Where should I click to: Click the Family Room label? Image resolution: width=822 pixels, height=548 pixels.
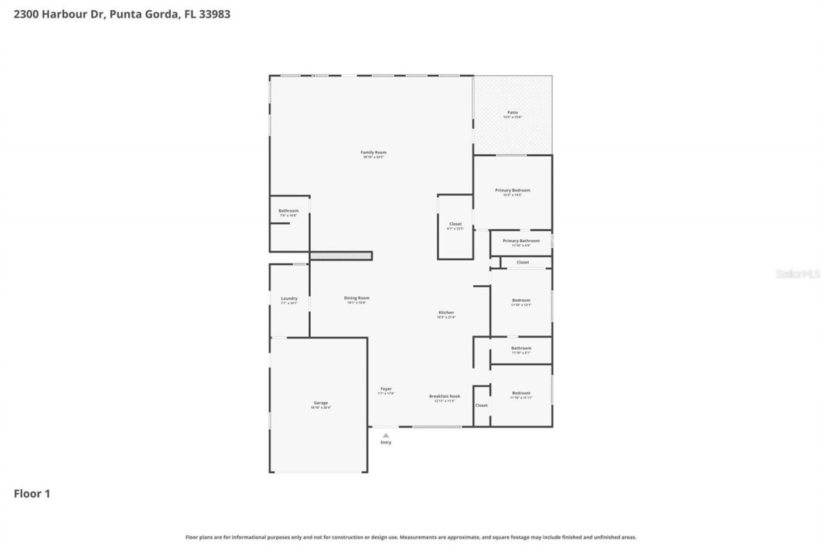pyautogui.click(x=373, y=152)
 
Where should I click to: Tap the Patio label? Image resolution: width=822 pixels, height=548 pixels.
pyautogui.click(x=512, y=112)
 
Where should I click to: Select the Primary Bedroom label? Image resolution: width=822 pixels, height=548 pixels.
pyautogui.click(x=512, y=190)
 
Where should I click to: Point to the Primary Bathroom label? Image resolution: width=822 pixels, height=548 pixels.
pyautogui.click(x=521, y=241)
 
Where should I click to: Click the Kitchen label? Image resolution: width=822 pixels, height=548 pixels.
pyautogui.click(x=446, y=313)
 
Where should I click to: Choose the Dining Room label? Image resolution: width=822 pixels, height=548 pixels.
pyautogui.click(x=356, y=298)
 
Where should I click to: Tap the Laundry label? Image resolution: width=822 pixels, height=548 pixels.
pyautogui.click(x=289, y=299)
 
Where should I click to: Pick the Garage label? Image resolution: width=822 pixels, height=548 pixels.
pyautogui.click(x=320, y=403)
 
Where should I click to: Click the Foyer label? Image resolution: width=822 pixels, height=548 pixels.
pyautogui.click(x=386, y=389)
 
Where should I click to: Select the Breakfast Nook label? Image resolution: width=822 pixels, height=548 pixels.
pyautogui.click(x=444, y=396)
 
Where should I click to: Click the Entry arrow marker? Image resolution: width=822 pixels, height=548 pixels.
pyautogui.click(x=386, y=436)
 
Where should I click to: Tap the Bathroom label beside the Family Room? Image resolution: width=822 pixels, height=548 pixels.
pyautogui.click(x=288, y=211)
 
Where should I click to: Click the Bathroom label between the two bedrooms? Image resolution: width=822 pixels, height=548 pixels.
pyautogui.click(x=521, y=348)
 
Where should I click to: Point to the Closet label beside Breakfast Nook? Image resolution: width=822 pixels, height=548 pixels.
pyautogui.click(x=482, y=405)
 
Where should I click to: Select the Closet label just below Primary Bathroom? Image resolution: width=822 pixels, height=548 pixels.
pyautogui.click(x=523, y=262)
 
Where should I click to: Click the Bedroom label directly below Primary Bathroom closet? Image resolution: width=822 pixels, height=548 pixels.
pyautogui.click(x=521, y=300)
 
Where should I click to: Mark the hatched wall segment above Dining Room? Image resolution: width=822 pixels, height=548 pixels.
pyautogui.click(x=341, y=256)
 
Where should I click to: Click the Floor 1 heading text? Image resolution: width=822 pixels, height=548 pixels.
pyautogui.click(x=32, y=493)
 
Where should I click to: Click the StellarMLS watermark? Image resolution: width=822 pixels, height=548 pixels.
pyautogui.click(x=798, y=274)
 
